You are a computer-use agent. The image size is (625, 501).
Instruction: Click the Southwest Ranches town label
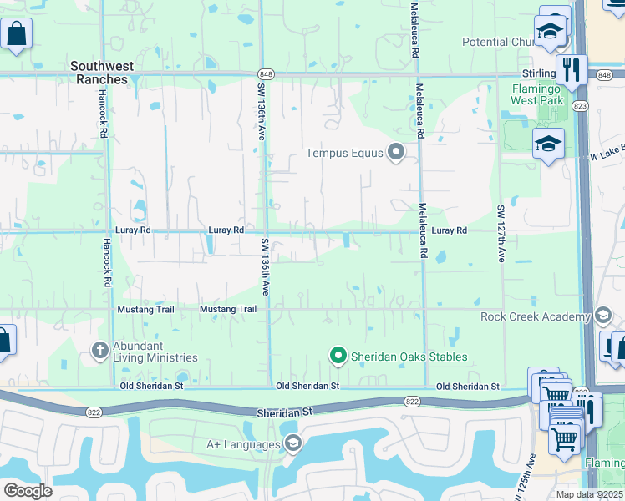(111, 73)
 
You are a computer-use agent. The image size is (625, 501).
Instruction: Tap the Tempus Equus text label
(344, 153)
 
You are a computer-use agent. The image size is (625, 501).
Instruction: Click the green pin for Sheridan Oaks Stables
(338, 357)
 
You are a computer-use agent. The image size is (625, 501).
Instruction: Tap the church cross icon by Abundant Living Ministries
(99, 350)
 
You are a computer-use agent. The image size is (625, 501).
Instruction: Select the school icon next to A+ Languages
(292, 443)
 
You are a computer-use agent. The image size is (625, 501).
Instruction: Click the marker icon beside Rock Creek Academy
(604, 316)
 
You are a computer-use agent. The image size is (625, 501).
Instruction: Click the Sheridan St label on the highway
(290, 412)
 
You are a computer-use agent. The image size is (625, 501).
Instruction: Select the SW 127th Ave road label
(501, 234)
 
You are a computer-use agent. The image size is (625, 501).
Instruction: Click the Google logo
(28, 491)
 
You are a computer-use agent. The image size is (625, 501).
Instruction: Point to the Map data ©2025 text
(589, 494)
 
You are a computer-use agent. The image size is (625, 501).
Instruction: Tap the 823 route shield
(581, 105)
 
